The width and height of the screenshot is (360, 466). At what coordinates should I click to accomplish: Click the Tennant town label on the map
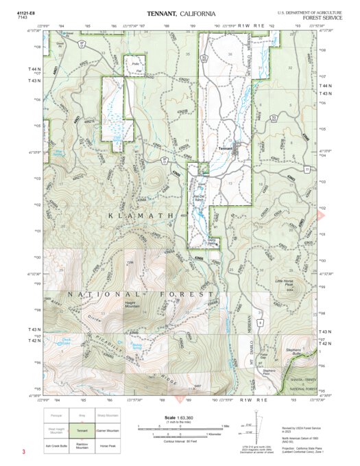point(225,148)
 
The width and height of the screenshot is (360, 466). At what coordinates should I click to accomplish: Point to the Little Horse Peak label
point(287,282)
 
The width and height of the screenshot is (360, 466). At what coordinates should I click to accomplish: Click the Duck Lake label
point(67,340)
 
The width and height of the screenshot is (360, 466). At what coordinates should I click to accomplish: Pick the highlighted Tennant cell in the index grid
point(82,431)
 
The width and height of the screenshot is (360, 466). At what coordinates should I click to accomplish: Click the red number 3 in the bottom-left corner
point(23,452)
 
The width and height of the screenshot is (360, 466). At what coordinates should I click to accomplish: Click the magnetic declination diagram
point(256,427)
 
